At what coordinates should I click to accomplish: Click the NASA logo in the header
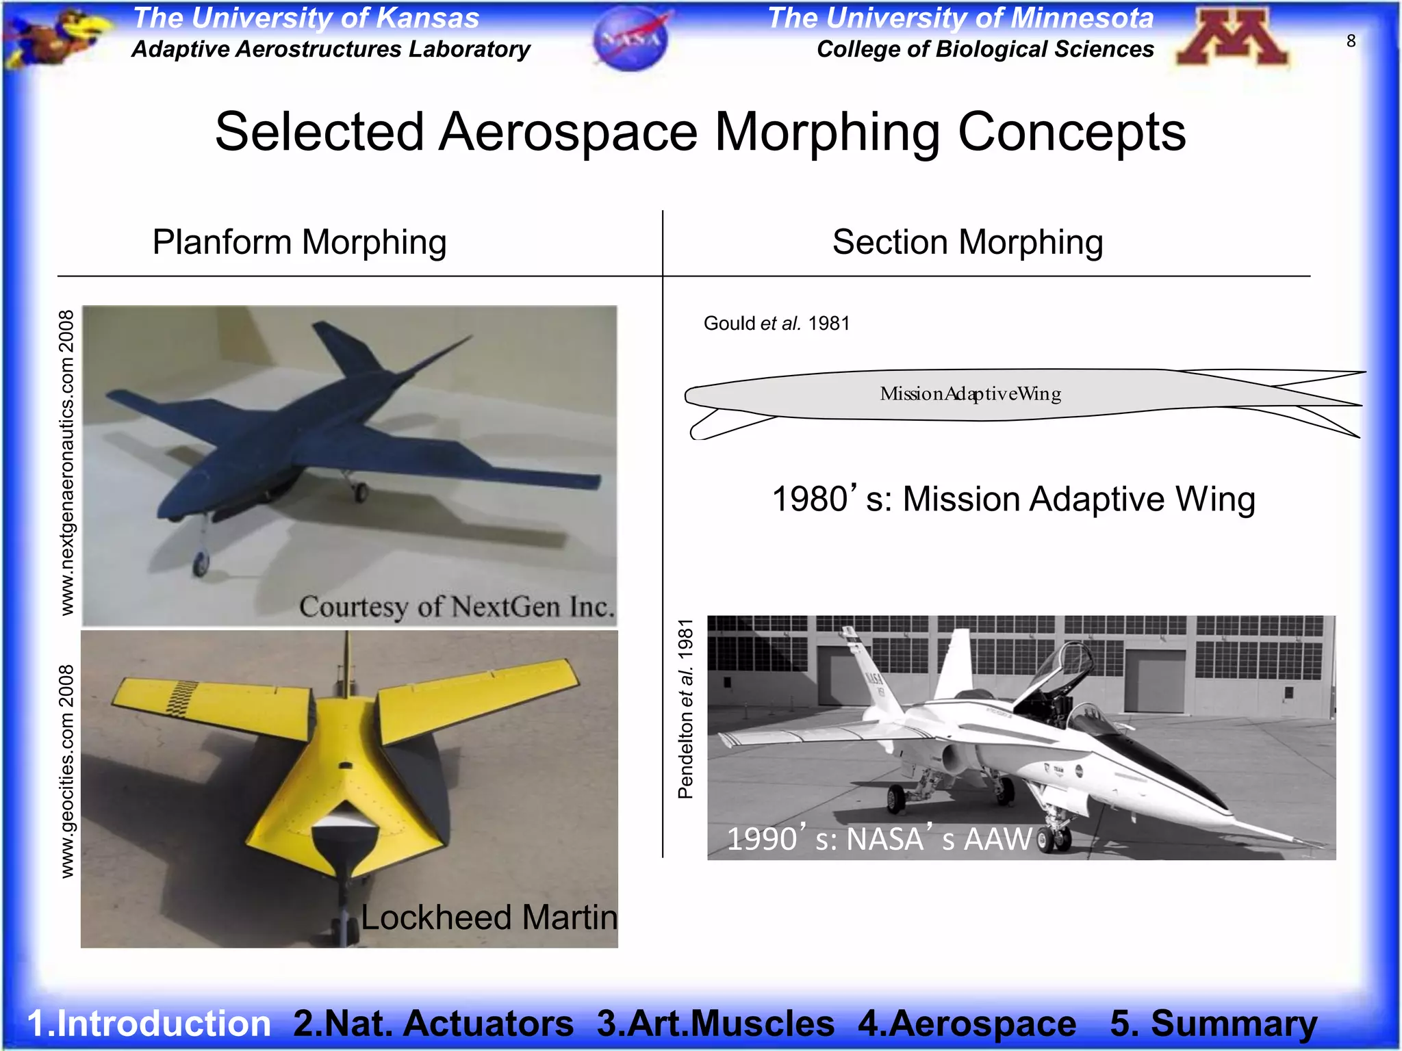pyautogui.click(x=631, y=38)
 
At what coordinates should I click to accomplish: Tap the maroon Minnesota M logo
pyautogui.click(x=1233, y=38)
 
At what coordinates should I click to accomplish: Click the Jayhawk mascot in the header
pyautogui.click(x=58, y=38)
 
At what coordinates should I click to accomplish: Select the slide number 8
pyautogui.click(x=1351, y=41)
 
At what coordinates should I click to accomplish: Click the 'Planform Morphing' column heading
pyautogui.click(x=299, y=242)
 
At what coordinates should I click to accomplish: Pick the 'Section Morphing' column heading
pyautogui.click(x=967, y=242)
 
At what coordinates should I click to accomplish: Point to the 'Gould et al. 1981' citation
pyautogui.click(x=776, y=323)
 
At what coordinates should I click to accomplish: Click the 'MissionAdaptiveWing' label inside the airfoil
pyautogui.click(x=970, y=393)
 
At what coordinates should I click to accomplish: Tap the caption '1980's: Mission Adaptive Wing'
pyautogui.click(x=1013, y=499)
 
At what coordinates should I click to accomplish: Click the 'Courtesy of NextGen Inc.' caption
pyautogui.click(x=457, y=607)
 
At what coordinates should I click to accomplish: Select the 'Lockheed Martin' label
pyautogui.click(x=489, y=917)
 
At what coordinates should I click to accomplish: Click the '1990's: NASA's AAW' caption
pyautogui.click(x=879, y=839)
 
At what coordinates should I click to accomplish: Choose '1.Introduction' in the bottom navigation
pyautogui.click(x=149, y=1023)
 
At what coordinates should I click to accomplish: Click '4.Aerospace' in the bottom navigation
pyautogui.click(x=967, y=1023)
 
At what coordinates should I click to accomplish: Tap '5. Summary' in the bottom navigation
pyautogui.click(x=1213, y=1023)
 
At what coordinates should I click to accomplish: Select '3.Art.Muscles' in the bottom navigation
pyautogui.click(x=715, y=1023)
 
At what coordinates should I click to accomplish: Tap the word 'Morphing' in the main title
pyautogui.click(x=827, y=132)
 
